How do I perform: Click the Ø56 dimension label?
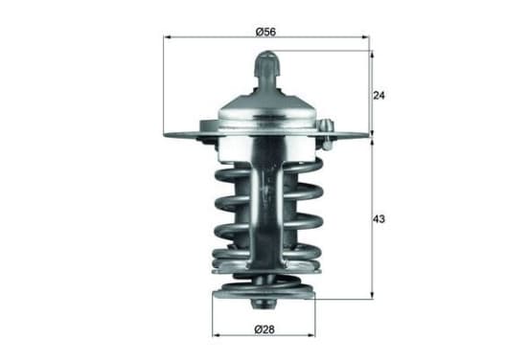point(265,32)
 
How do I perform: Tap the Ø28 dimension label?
point(264,329)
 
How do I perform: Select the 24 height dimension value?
point(379,96)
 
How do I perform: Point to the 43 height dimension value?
point(379,219)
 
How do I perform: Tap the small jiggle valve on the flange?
point(327,134)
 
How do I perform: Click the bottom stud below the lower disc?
point(264,304)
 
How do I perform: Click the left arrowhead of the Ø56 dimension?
point(167,37)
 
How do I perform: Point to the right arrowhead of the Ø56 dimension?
point(366,37)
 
